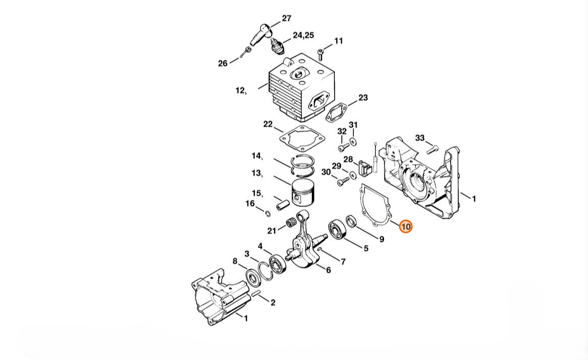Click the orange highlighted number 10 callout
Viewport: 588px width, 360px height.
pyautogui.click(x=405, y=226)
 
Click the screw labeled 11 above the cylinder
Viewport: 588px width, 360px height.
pyautogui.click(x=320, y=54)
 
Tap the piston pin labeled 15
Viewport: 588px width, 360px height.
pyautogui.click(x=283, y=205)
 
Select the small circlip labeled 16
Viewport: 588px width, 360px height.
pyautogui.click(x=268, y=214)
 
